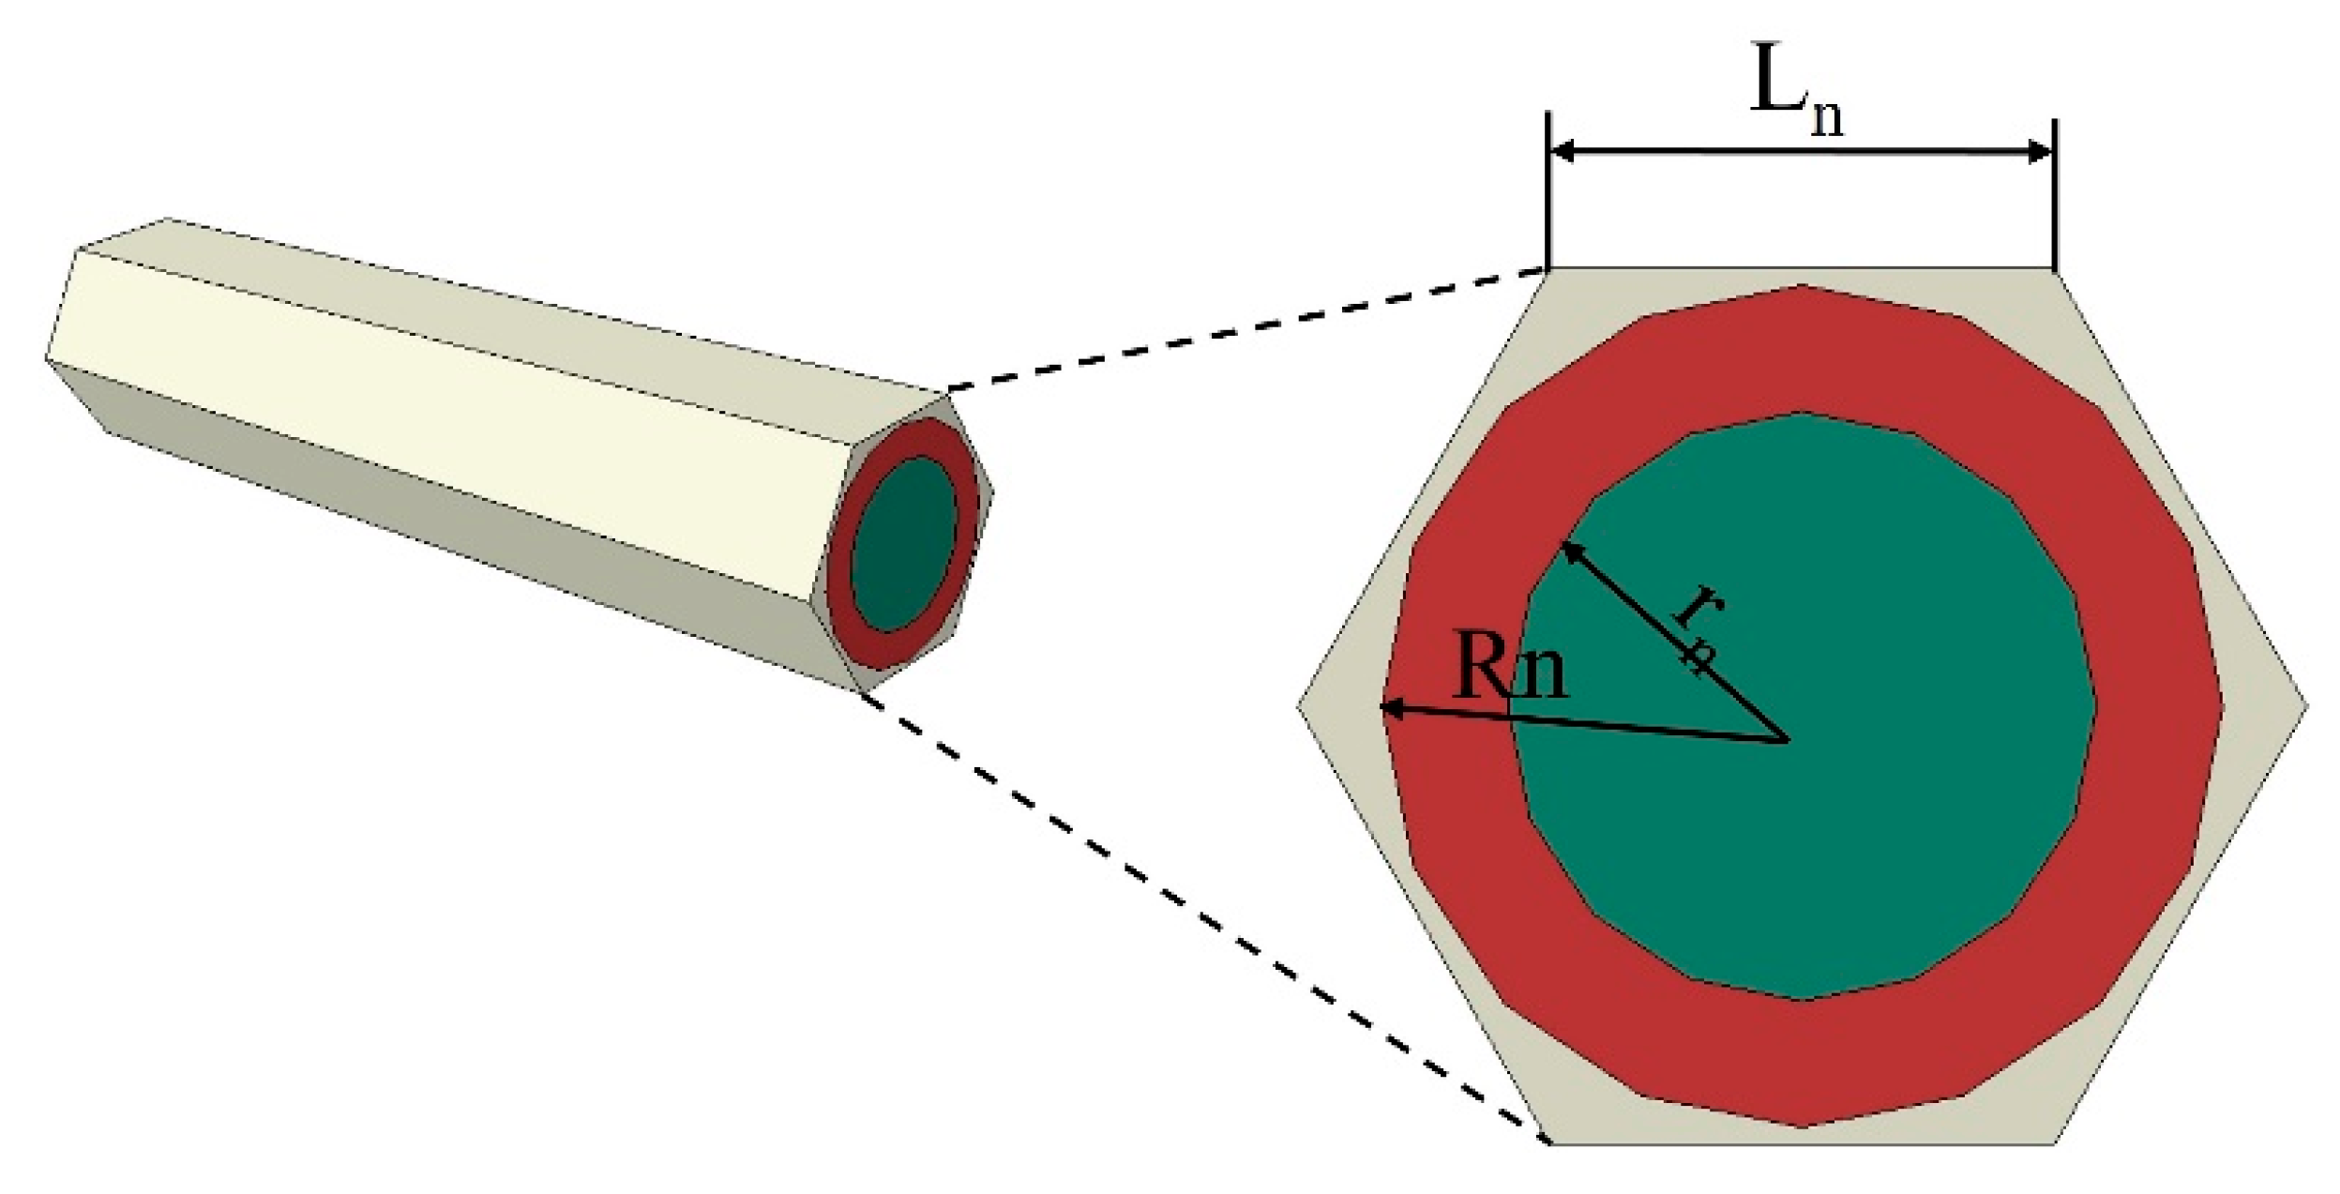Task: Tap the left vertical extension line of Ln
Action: pos(1548,197)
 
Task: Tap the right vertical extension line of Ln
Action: pos(2054,197)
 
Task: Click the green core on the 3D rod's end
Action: pos(903,548)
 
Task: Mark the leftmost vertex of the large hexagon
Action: pos(1300,705)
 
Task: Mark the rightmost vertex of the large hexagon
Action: pos(2306,705)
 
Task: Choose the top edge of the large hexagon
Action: pos(1801,270)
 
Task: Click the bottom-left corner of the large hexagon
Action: pos(1549,1142)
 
